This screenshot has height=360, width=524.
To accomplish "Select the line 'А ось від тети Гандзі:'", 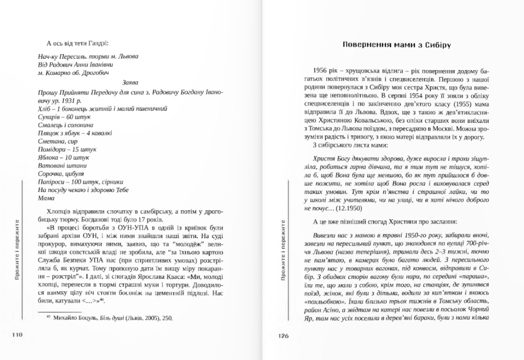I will pyautogui.click(x=77, y=43).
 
